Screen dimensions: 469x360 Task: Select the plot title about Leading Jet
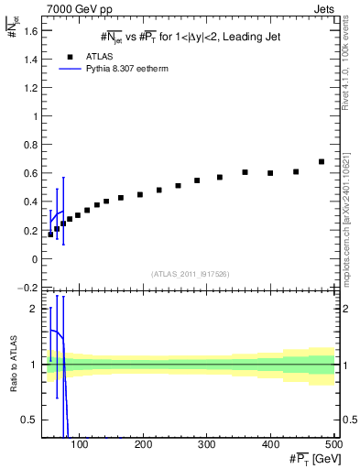point(191,37)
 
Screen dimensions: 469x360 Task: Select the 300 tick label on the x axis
point(206,444)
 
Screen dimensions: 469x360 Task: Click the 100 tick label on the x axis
point(80,444)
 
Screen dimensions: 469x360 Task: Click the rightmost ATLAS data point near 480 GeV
point(321,161)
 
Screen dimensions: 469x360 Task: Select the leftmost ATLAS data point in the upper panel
point(50,234)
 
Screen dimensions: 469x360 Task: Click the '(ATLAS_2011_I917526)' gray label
point(191,274)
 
